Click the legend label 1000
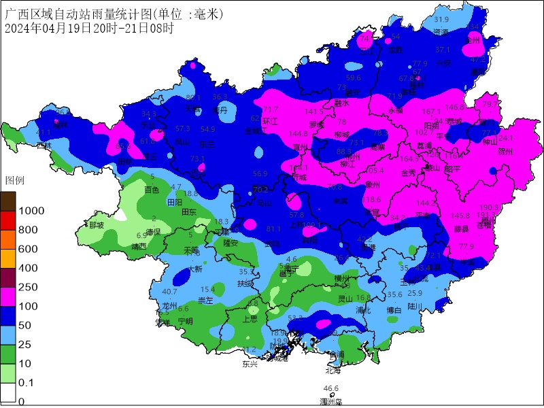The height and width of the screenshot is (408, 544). pyautogui.click(x=31, y=211)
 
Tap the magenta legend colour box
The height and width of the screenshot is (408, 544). pyautogui.click(x=9, y=297)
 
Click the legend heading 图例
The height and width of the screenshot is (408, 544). pyautogui.click(x=15, y=181)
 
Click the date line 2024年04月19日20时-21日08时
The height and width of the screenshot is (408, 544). pyautogui.click(x=88, y=29)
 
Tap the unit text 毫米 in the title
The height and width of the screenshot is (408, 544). pyautogui.click(x=207, y=14)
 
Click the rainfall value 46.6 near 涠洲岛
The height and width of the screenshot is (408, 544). pyautogui.click(x=330, y=388)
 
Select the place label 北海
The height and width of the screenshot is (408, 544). pyautogui.click(x=333, y=371)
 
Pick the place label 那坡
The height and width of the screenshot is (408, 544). pyautogui.click(x=97, y=225)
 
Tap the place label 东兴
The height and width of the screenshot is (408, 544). pyautogui.click(x=250, y=364)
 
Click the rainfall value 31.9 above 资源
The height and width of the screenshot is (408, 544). pyautogui.click(x=441, y=20)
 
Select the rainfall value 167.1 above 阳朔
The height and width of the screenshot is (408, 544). pyautogui.click(x=431, y=112)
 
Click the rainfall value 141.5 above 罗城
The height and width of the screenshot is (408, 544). pyautogui.click(x=314, y=112)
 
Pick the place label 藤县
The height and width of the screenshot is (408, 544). pyautogui.click(x=462, y=228)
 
